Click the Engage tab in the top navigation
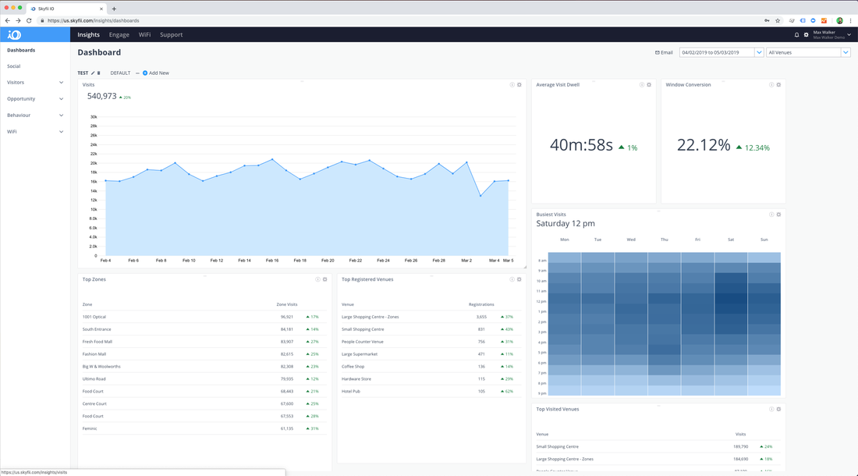pos(119,34)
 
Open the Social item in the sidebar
pos(14,66)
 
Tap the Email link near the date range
pos(664,52)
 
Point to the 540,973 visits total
pos(102,96)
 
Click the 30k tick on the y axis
pos(94,117)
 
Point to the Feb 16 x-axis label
pos(272,260)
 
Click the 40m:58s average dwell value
pos(581,144)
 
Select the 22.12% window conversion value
pos(704,144)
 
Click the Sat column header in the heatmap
pos(731,240)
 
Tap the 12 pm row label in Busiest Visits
pos(542,301)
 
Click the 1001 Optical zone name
pos(94,317)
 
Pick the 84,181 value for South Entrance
pos(287,329)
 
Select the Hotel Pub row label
pos(351,391)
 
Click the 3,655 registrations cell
pos(481,317)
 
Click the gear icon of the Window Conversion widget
pos(778,84)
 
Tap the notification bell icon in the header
pos(796,34)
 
